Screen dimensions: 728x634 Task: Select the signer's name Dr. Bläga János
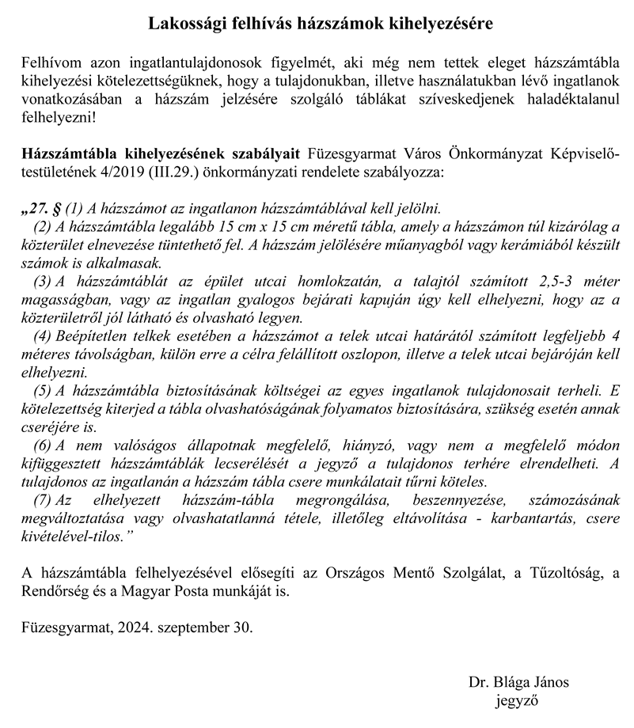[x=518, y=681]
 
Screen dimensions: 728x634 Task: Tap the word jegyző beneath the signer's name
[x=518, y=700]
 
